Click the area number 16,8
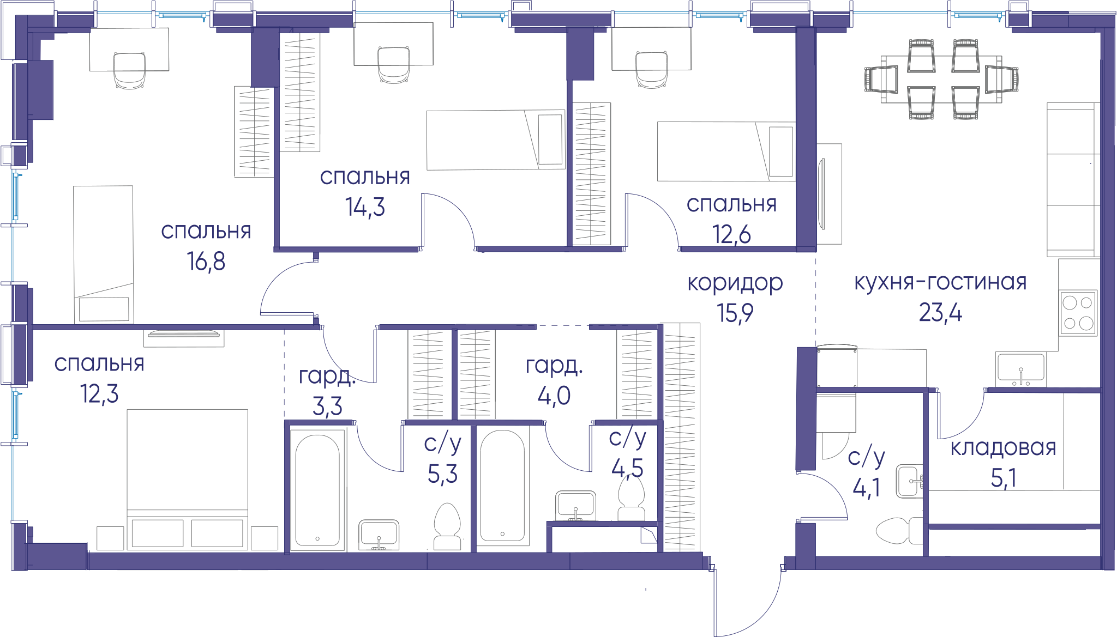tap(206, 262)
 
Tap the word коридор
tap(735, 283)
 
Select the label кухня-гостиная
tap(940, 282)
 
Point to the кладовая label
tap(1004, 448)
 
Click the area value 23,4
tap(940, 313)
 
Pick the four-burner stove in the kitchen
tap(1078, 312)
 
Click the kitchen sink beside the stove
tap(1020, 369)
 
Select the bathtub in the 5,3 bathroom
tap(317, 487)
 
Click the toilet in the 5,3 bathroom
tap(447, 526)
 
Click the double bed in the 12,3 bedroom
tap(187, 480)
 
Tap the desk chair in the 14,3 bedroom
tap(394, 65)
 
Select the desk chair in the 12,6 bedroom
tap(652, 69)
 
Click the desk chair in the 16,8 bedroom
tap(129, 70)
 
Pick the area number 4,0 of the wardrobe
tap(554, 396)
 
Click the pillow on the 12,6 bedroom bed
tap(781, 151)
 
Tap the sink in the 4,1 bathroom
tap(909, 481)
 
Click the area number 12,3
tap(99, 393)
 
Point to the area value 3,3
tap(327, 406)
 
